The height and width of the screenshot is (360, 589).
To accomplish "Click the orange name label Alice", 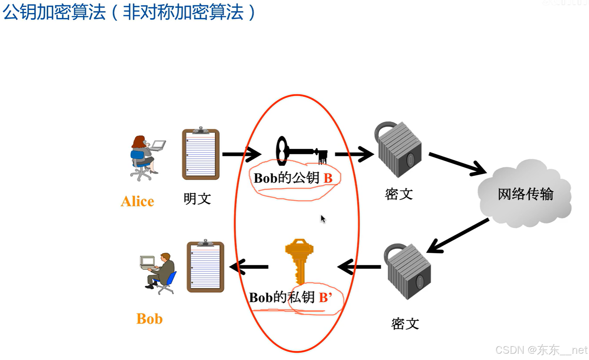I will pos(137,201).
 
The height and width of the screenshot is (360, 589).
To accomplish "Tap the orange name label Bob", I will pos(149,319).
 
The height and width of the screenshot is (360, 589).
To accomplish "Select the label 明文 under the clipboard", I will pos(197,199).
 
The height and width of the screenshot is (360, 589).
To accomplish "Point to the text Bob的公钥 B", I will pos(293,178).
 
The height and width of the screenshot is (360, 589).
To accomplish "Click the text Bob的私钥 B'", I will pos(290,297).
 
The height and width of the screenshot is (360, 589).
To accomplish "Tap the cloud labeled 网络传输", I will pos(525,194).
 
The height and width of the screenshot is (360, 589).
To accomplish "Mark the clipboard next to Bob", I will pos(205,266).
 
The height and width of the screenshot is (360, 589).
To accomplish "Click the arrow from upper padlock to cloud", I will pos(457,163).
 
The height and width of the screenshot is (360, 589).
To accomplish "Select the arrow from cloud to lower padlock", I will pos(458,236).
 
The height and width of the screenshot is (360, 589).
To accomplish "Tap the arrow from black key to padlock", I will pos(354,154).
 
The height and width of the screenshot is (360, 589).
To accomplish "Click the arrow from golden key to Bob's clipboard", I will pos(249,266).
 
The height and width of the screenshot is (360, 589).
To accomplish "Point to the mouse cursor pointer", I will pos(323,219).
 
